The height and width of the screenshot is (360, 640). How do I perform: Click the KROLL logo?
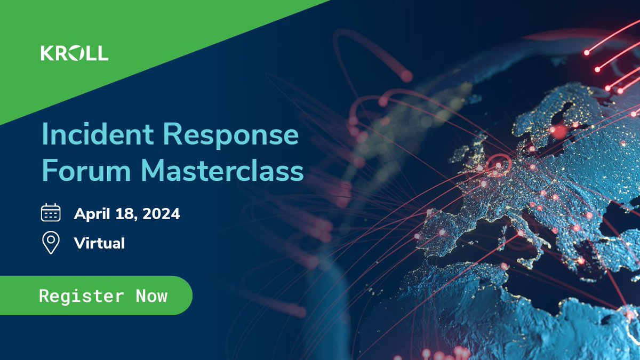74,53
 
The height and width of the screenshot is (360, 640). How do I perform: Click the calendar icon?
51,213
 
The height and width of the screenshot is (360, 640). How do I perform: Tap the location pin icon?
51,243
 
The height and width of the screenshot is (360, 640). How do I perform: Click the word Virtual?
99,243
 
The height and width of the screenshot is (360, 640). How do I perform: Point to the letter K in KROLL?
46,53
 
